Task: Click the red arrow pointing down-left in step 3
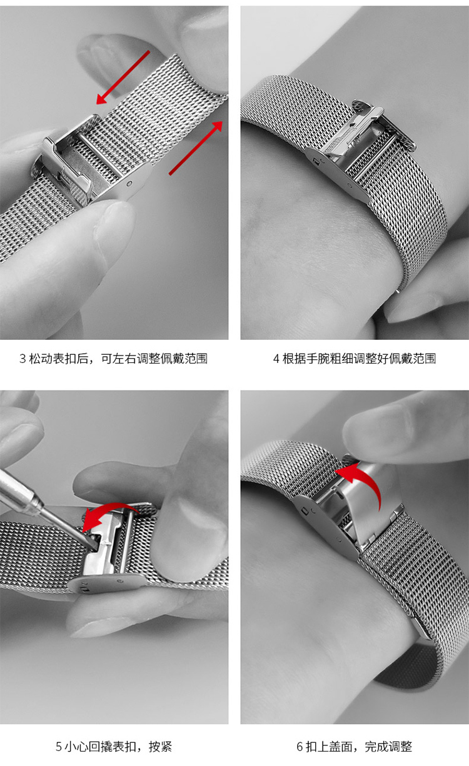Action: [x=123, y=77]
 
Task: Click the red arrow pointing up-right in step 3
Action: [x=196, y=147]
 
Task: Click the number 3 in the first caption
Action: [x=23, y=359]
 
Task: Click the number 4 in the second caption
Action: [x=276, y=359]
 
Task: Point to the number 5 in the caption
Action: [x=59, y=747]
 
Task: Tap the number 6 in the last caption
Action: [x=300, y=747]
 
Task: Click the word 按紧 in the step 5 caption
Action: [x=160, y=747]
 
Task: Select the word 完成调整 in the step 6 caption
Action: [x=388, y=747]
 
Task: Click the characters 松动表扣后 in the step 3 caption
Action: [x=59, y=359]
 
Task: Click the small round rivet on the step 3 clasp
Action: [x=129, y=184]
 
